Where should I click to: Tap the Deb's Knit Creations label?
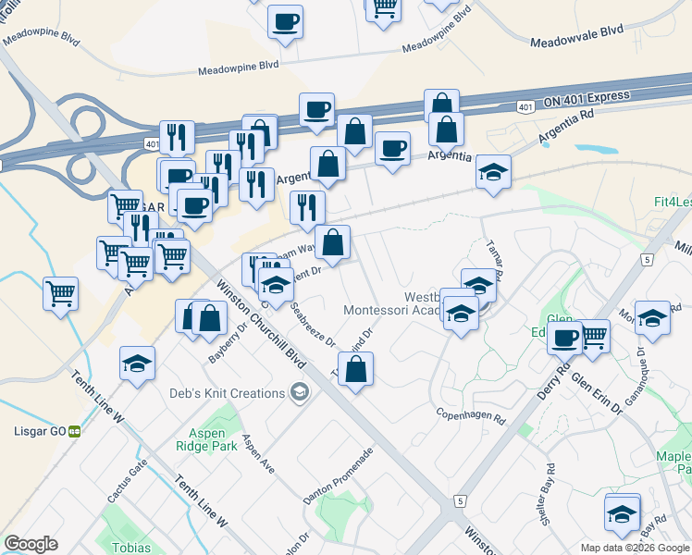click(227, 393)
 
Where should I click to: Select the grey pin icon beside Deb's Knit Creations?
click(298, 394)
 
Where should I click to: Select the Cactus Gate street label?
click(127, 482)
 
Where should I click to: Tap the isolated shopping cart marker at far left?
click(60, 295)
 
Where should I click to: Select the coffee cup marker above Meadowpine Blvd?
click(285, 21)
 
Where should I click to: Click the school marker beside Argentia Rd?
click(493, 172)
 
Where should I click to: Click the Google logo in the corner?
click(31, 543)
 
